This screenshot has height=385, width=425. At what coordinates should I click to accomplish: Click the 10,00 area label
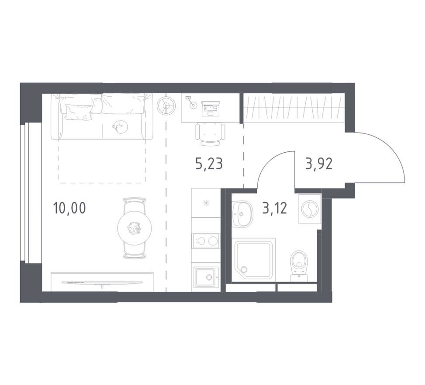[x=69, y=208]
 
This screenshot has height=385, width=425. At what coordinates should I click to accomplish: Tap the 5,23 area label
[x=209, y=164]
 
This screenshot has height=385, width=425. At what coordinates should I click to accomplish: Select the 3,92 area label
[x=319, y=164]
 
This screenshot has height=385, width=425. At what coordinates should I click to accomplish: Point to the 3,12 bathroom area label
[x=274, y=208]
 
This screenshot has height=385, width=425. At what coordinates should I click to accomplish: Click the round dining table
[x=135, y=228]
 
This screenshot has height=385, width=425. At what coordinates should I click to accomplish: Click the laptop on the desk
[x=211, y=108]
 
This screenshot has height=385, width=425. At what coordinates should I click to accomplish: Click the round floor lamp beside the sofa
[x=166, y=106]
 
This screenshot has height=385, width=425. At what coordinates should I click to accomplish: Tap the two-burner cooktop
[x=206, y=241]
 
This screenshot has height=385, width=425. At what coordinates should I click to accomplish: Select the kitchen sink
[x=206, y=277]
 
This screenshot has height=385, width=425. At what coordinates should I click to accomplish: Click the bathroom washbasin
[x=242, y=213]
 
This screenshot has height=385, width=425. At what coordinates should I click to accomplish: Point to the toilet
[x=299, y=266]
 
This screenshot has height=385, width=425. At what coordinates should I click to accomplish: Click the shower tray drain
[x=244, y=269]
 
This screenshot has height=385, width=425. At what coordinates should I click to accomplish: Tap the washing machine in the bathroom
[x=310, y=209]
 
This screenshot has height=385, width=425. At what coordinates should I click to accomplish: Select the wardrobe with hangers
[x=294, y=108]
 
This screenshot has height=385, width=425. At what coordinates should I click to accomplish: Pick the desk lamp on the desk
[x=191, y=102]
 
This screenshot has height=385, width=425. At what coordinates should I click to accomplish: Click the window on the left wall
[x=31, y=192]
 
